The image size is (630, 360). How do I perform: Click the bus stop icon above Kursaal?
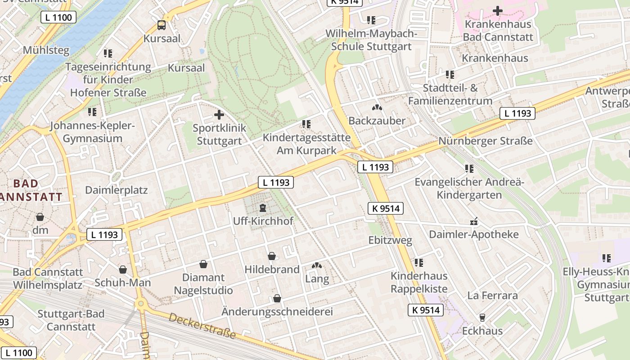pos(161,25)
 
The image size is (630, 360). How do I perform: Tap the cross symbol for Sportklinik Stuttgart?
pos(219,115)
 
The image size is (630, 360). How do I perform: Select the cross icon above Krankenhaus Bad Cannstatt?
pos(498,10)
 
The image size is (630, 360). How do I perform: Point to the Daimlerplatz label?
pos(117,190)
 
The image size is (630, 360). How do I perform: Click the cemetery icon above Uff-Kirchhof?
pos(263,208)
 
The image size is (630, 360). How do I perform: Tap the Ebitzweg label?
pos(390,240)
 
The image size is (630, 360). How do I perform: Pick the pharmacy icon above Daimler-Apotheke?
pos(473,221)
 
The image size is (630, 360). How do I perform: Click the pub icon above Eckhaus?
pos(482,318)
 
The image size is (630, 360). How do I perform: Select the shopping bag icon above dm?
pos(40,217)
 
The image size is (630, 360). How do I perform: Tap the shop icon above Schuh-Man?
pos(123,270)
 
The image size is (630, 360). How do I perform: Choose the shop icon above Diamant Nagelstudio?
pos(203,264)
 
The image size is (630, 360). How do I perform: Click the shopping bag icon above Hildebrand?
pos(272,256)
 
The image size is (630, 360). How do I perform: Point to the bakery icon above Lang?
pos(317,266)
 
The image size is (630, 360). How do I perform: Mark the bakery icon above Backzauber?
pos(377,108)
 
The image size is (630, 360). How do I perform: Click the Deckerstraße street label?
pos(202,326)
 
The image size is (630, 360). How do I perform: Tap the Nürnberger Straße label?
pos(486,141)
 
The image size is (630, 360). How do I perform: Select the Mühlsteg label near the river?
pos(46,50)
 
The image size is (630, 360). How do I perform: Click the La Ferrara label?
pos(492,296)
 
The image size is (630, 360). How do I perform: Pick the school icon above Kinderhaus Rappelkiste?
pos(419,262)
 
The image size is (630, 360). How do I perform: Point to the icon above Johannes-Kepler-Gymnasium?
pos(92,112)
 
